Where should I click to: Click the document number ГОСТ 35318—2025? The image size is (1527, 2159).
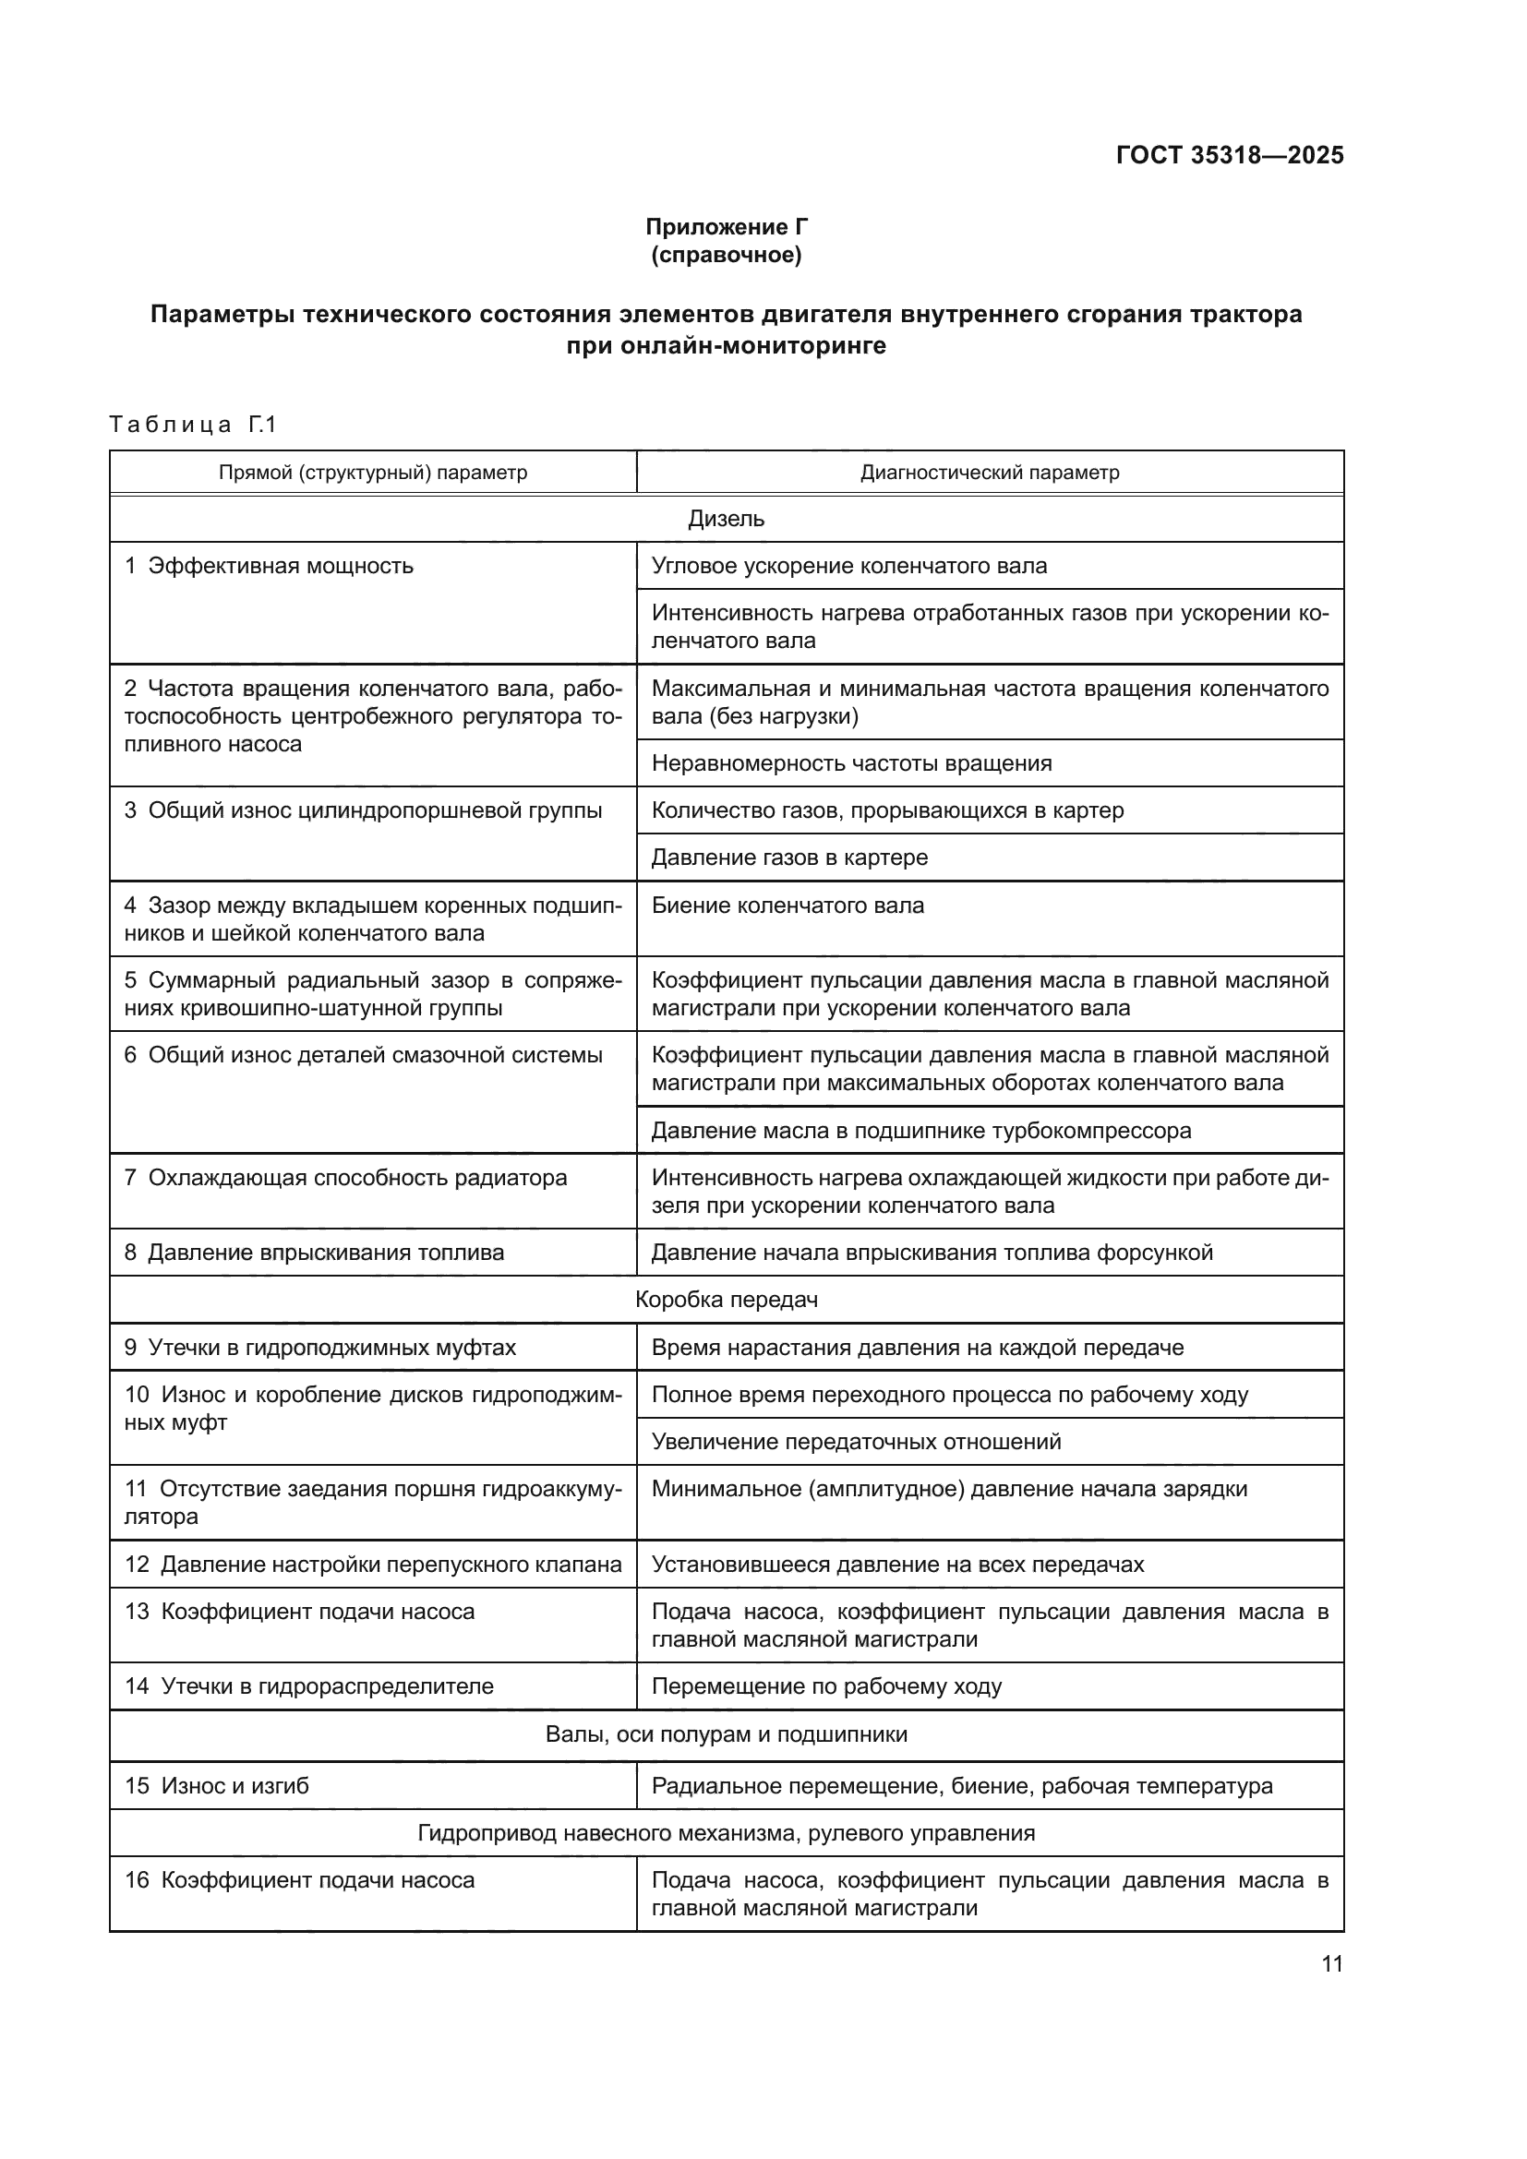pyautogui.click(x=1229, y=156)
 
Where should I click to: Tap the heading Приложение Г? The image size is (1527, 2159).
pyautogui.click(x=726, y=227)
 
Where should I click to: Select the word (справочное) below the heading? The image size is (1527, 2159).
pyautogui.click(x=726, y=255)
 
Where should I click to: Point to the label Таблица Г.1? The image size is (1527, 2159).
pyautogui.click(x=193, y=424)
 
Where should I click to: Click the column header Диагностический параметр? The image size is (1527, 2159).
pyautogui.click(x=989, y=472)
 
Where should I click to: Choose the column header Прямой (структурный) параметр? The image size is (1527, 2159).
pyautogui.click(x=372, y=472)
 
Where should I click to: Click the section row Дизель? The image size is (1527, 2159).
pyautogui.click(x=726, y=518)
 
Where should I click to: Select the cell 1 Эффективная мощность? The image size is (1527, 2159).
pyautogui.click(x=270, y=566)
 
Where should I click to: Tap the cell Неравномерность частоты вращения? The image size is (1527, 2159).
pyautogui.click(x=851, y=762)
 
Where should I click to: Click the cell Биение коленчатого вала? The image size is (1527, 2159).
pyautogui.click(x=787, y=906)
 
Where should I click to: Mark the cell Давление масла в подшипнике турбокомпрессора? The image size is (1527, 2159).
pyautogui.click(x=920, y=1131)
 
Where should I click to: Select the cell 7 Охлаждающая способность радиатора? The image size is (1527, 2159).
pyautogui.click(x=346, y=1177)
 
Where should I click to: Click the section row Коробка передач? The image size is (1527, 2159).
pyautogui.click(x=726, y=1300)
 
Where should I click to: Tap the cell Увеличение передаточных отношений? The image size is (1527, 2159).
pyautogui.click(x=856, y=1442)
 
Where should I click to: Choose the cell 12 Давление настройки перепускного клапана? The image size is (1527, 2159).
pyautogui.click(x=372, y=1564)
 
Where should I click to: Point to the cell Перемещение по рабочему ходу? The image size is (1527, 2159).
pyautogui.click(x=826, y=1686)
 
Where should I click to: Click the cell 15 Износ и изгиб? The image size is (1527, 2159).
pyautogui.click(x=217, y=1786)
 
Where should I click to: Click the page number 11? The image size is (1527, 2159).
pyautogui.click(x=1331, y=1963)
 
